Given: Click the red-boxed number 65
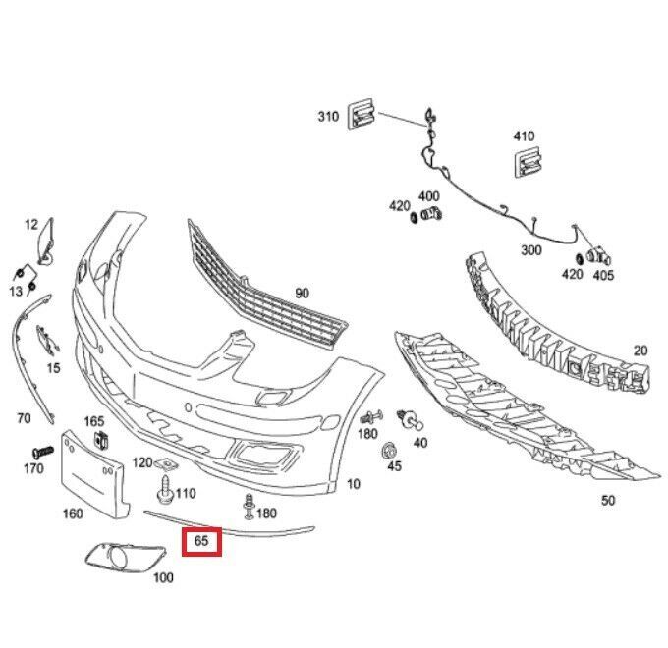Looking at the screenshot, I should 201,540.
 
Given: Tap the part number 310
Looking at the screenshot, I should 327,117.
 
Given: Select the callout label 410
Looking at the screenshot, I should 524,136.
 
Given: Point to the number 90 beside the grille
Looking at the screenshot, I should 302,293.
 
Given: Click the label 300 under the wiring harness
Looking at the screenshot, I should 531,250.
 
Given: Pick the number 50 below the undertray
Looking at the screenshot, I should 608,501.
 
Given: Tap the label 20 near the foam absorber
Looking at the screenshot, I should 640,351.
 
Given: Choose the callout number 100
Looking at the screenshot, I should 163,577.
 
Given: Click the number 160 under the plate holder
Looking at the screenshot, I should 73,513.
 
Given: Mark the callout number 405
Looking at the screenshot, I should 603,276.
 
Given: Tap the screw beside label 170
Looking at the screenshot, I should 42,451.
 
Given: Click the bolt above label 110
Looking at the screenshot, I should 163,485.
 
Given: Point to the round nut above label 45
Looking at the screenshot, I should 389,451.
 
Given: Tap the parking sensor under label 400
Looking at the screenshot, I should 431,215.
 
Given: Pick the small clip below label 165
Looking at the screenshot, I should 96,440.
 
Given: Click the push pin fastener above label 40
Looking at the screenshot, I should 413,419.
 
